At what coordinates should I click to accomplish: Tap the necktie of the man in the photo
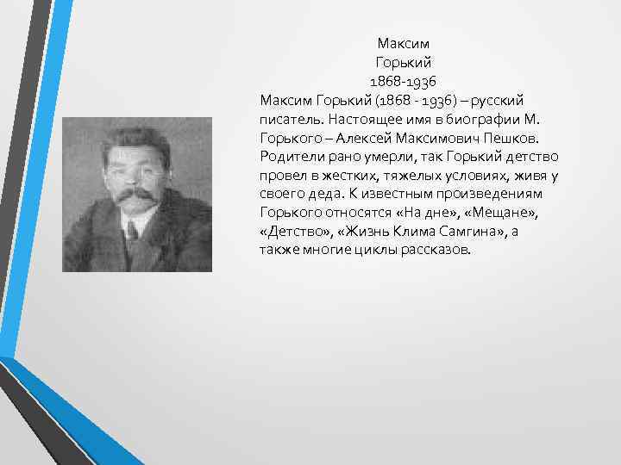[131, 232]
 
